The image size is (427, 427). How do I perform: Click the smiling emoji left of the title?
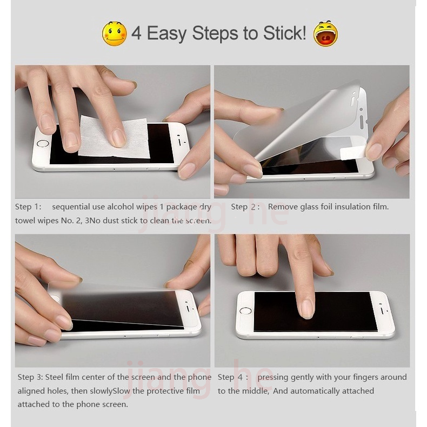coord(114,34)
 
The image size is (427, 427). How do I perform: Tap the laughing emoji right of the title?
coord(325,34)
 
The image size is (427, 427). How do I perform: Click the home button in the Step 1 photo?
coord(42,144)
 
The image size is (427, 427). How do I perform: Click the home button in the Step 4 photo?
coord(246,311)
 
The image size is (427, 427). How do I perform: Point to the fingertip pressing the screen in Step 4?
coord(306,309)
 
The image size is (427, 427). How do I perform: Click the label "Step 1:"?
coord(28,206)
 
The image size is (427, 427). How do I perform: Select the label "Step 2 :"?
coord(245,206)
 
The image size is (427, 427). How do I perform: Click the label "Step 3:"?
coord(30,377)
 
